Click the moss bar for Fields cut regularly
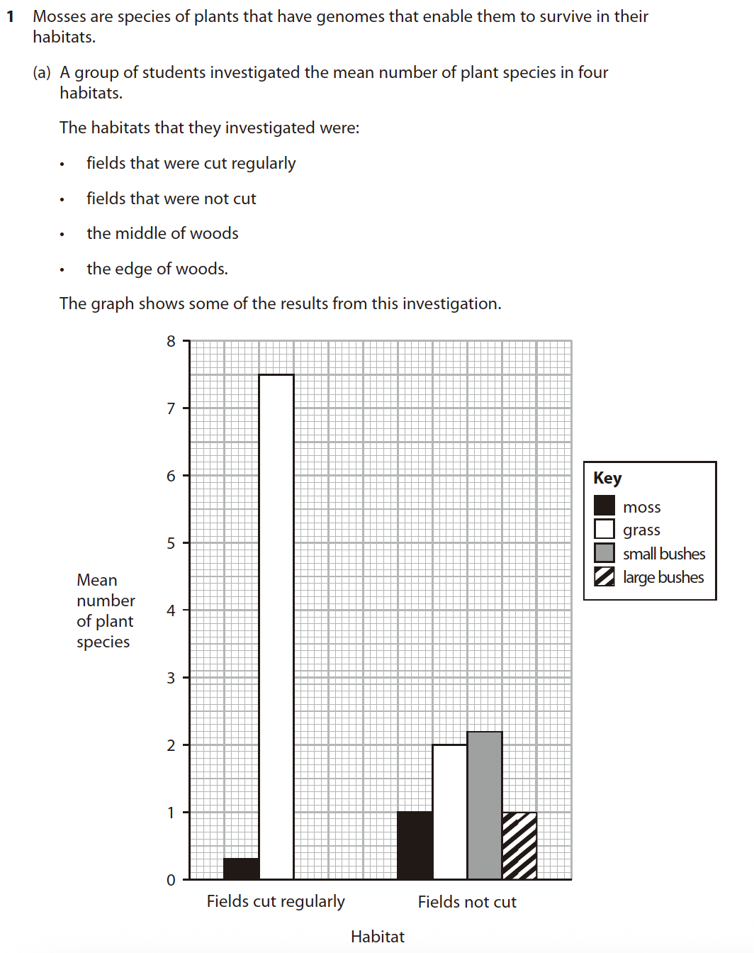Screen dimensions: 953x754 (x=241, y=869)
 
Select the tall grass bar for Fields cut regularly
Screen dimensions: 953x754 (x=276, y=627)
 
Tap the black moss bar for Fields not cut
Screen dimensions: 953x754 (x=415, y=845)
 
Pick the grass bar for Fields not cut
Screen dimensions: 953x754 (x=449, y=812)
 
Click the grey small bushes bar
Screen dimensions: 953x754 (x=485, y=806)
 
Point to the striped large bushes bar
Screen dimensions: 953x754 (x=519, y=846)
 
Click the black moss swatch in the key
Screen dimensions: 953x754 (x=604, y=506)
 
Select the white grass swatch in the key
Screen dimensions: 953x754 (x=604, y=529)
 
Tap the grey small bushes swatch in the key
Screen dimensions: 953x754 (x=604, y=553)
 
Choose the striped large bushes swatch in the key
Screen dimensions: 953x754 (x=604, y=576)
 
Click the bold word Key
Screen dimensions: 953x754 (x=607, y=478)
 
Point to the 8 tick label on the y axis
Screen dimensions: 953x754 (x=171, y=342)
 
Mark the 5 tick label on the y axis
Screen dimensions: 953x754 (x=171, y=543)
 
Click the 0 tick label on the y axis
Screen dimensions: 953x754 (x=171, y=880)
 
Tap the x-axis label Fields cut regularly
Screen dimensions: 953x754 (x=276, y=901)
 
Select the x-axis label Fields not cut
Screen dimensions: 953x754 (x=467, y=902)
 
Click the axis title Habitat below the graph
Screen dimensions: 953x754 (x=377, y=937)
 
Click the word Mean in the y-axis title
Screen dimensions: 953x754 (x=97, y=580)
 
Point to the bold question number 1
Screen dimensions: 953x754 (x=10, y=16)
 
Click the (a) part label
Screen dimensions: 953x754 (x=42, y=72)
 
